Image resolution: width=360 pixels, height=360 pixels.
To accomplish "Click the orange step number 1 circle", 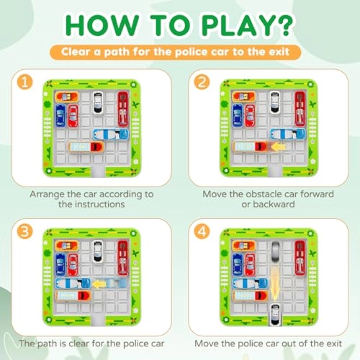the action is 24,82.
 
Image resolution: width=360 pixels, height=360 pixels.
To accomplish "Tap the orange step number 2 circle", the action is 202,82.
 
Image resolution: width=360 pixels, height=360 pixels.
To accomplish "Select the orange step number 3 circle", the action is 24,232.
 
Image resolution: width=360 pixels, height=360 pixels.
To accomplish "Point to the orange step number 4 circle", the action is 202,232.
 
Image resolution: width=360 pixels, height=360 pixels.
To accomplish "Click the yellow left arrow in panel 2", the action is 278,146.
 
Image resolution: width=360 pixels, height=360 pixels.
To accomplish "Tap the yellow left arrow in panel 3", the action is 99,284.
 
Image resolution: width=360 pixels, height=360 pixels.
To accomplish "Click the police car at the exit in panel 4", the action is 275,314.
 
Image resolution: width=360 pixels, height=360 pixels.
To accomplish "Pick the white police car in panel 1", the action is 98,102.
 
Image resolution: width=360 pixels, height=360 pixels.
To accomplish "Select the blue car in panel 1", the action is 60,115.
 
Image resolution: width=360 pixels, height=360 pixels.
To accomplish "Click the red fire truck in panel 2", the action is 300,109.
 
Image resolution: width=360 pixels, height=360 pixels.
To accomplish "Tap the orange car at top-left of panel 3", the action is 67,246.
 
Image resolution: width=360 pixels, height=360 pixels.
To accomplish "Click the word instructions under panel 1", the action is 99,204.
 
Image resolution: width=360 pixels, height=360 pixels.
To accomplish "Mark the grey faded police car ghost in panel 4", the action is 275,252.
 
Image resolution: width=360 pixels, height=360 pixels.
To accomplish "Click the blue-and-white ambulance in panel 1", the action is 111,135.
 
